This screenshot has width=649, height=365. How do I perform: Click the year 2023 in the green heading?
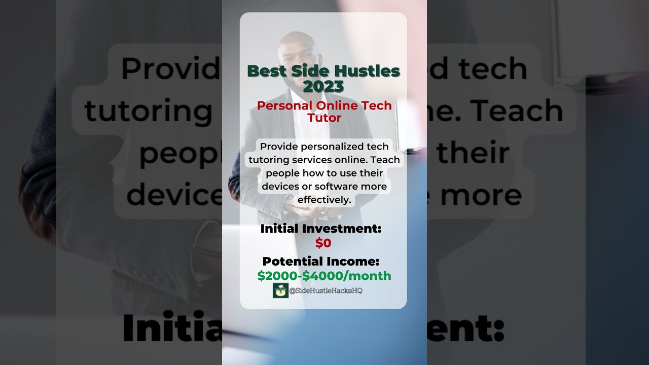click(x=323, y=86)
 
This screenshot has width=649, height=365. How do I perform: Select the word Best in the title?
click(x=267, y=71)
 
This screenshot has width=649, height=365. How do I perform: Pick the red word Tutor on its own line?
click(x=324, y=118)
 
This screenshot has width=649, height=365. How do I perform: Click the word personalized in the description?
click(x=331, y=147)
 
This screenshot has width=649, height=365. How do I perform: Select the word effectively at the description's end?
click(x=324, y=200)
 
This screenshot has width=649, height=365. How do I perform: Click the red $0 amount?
click(x=323, y=243)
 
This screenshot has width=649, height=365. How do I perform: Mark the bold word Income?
click(x=353, y=262)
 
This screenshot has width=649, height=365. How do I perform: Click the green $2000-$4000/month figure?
click(x=324, y=276)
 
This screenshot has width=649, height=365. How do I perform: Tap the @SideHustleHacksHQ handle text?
click(x=326, y=290)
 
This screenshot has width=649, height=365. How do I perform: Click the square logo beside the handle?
click(x=280, y=290)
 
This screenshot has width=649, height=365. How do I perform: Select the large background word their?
click(x=473, y=153)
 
